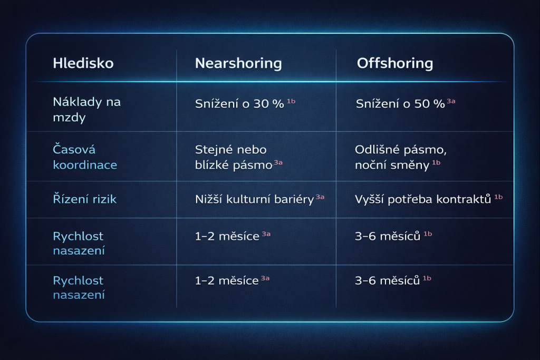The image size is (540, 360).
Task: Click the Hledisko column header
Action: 83,64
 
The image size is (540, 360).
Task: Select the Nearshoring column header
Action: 238,64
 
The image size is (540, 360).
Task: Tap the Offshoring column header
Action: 395,64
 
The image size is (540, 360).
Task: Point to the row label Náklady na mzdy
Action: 86,109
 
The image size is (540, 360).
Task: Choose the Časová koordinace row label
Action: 85,158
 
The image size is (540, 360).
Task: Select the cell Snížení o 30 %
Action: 239,103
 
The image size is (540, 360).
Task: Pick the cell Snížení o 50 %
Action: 400,103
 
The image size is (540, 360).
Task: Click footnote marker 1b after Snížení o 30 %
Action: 291,101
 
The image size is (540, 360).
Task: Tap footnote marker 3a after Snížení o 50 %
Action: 451,101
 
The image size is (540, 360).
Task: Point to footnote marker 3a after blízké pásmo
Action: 278,162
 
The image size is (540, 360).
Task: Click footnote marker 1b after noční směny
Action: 436,162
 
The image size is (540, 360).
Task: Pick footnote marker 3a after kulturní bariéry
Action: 320,197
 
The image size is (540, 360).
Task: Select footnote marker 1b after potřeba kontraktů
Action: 498,197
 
